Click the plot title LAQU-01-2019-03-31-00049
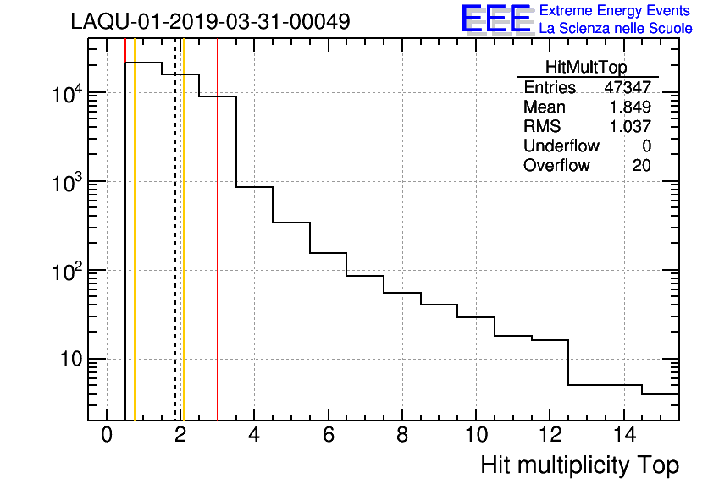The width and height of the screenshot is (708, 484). tap(211, 20)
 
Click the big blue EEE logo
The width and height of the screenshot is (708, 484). tap(496, 19)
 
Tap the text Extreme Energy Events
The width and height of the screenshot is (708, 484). tap(616, 11)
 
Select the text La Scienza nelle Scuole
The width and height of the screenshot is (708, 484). tap(616, 29)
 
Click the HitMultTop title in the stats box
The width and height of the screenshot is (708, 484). tap(587, 68)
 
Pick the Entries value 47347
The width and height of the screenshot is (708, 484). tap(628, 87)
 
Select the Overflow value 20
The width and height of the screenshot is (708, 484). tap(641, 165)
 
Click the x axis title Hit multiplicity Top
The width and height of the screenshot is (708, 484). tap(579, 465)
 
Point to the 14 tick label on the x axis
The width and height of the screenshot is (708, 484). tap(622, 435)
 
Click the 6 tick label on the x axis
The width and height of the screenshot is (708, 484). tap(328, 435)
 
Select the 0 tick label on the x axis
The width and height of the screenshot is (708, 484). tap(107, 435)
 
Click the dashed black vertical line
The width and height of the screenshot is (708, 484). tap(175, 254)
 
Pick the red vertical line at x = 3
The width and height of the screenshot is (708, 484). tap(218, 254)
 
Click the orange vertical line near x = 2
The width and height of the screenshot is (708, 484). tap(183, 254)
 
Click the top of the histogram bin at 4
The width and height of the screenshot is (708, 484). tap(254, 186)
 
